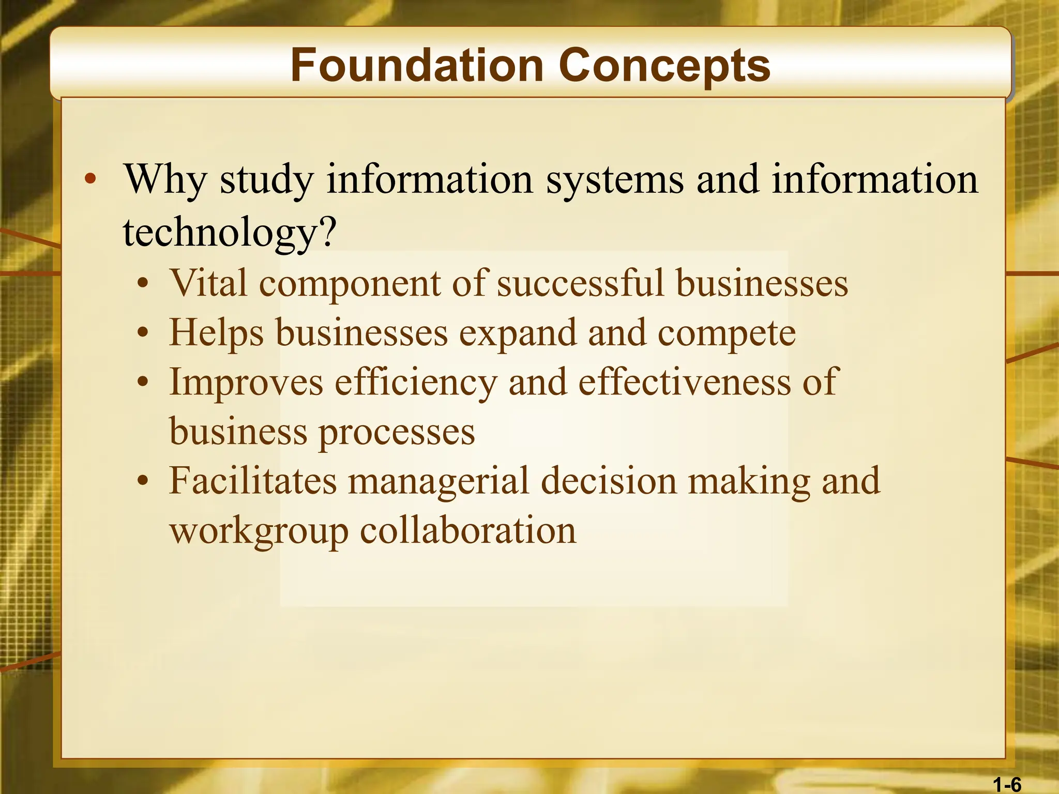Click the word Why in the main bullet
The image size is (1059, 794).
click(165, 180)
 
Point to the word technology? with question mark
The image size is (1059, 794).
click(230, 233)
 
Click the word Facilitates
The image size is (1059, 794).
click(253, 481)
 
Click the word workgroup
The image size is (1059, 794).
click(259, 531)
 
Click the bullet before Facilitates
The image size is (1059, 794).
click(143, 481)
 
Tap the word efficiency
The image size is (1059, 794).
click(416, 383)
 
